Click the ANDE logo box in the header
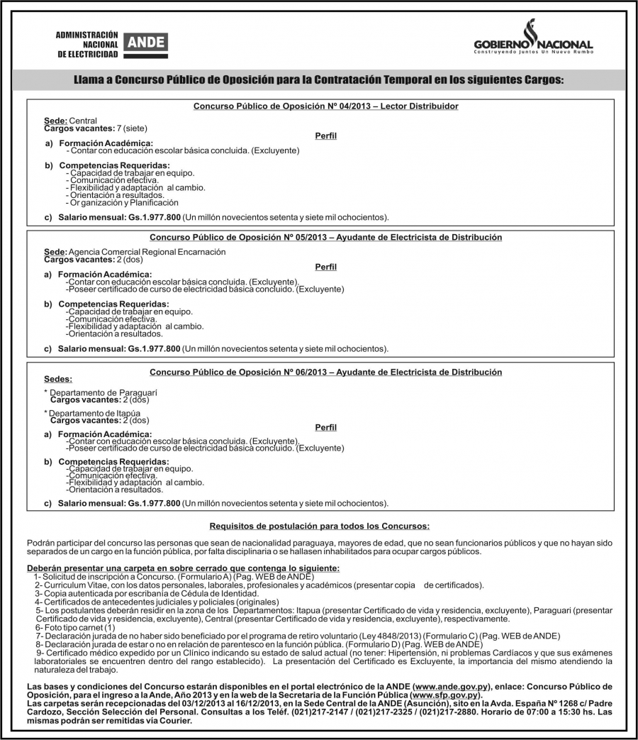(145, 43)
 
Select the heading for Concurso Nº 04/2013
(326, 106)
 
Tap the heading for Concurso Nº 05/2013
(326, 237)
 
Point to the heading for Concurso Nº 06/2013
(326, 372)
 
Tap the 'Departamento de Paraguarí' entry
(103, 392)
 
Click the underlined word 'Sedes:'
(58, 380)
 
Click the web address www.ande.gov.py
(453, 687)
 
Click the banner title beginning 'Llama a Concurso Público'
(319, 80)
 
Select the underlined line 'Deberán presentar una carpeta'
(183, 568)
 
